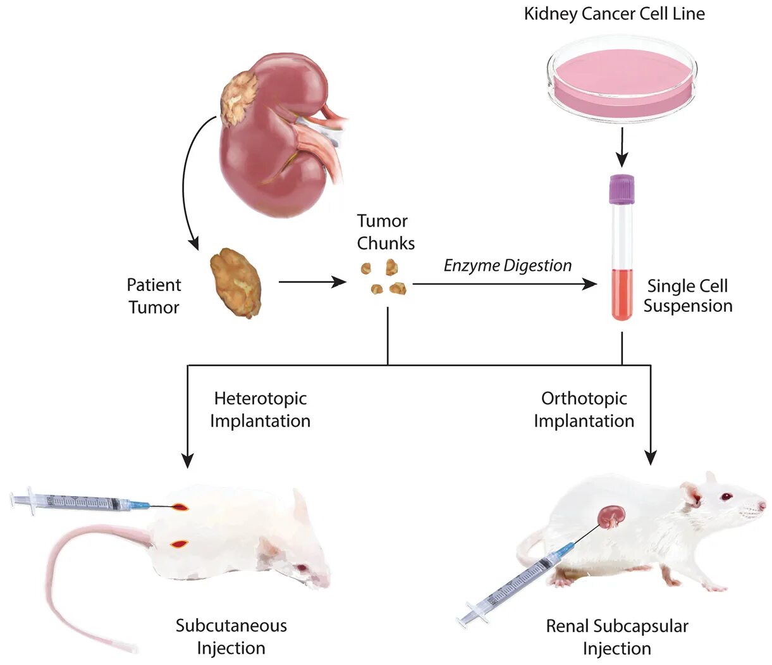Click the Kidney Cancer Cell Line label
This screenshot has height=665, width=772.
pyautogui.click(x=614, y=14)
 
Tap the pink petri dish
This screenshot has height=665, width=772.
pyautogui.click(x=622, y=77)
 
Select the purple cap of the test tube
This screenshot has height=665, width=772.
pyautogui.click(x=622, y=189)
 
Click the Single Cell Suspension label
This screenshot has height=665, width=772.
pyautogui.click(x=687, y=295)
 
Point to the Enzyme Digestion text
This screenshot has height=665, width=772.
pyautogui.click(x=508, y=265)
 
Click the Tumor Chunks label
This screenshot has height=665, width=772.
pyautogui.click(x=386, y=232)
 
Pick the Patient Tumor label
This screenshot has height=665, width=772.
pyautogui.click(x=154, y=295)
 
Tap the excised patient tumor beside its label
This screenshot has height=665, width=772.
pyautogui.click(x=236, y=282)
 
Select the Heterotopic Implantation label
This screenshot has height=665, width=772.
pyautogui.click(x=260, y=409)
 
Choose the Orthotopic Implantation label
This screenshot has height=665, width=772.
pyautogui.click(x=584, y=409)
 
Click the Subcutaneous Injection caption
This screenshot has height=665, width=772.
pyautogui.click(x=231, y=637)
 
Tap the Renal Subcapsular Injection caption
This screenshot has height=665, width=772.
pyautogui.click(x=616, y=637)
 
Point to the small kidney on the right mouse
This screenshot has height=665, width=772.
pyautogui.click(x=612, y=516)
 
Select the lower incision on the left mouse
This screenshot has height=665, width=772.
pyautogui.click(x=180, y=544)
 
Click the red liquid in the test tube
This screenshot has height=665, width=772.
pyautogui.click(x=622, y=294)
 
